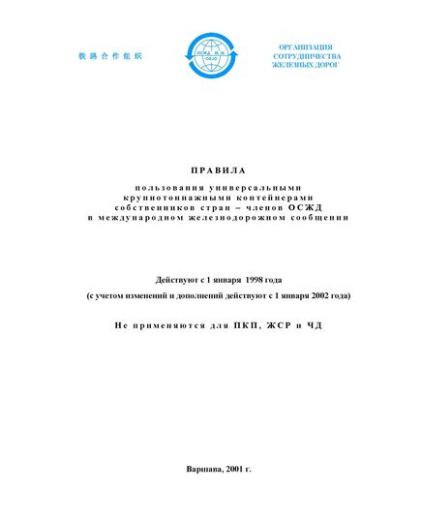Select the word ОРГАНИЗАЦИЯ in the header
306,46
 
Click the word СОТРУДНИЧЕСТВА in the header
306,57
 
